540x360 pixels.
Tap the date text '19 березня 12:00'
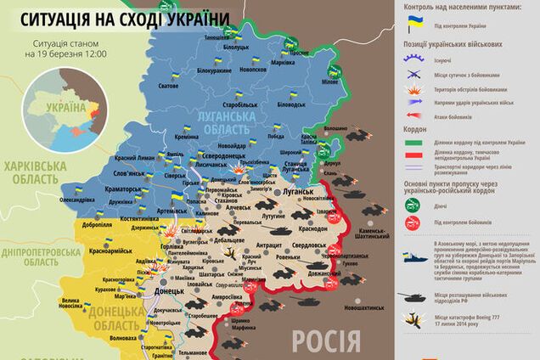(71, 53)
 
